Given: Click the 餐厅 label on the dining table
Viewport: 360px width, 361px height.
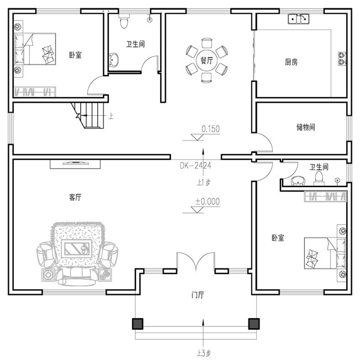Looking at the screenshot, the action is pos(207,61).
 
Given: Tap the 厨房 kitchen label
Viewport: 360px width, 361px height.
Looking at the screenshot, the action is pos(291,62).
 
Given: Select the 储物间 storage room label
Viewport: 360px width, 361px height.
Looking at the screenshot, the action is pos(306,127).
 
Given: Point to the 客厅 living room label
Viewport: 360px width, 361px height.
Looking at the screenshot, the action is pos(75,197).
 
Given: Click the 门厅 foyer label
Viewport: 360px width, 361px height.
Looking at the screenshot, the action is pos(198,295).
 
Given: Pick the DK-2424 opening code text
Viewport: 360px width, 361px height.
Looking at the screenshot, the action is pos(195,166).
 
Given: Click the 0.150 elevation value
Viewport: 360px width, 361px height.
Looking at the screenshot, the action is pos(211,129).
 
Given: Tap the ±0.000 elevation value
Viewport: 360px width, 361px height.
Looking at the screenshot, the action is pos(208,201).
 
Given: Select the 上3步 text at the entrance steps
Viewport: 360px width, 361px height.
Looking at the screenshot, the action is pos(203,353).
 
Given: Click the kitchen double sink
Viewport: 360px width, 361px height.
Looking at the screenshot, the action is pos(298,19).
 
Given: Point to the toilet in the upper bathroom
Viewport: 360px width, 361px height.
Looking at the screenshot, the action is pos(124,21).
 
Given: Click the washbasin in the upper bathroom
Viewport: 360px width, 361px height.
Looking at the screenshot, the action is pos(114,60).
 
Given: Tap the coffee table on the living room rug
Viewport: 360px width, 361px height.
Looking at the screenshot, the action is pos(77,249).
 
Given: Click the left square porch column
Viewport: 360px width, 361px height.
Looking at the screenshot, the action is pos(138,324).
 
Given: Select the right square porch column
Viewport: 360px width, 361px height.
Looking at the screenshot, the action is pos(254,324).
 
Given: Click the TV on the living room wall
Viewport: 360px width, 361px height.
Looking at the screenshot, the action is pos(75,163).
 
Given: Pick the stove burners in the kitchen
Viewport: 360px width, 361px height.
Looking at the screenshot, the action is pos(342,58).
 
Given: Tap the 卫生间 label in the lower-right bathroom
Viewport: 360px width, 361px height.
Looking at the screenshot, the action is pos(319,167).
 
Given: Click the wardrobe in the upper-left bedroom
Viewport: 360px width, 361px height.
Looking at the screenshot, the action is pos(35,92).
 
